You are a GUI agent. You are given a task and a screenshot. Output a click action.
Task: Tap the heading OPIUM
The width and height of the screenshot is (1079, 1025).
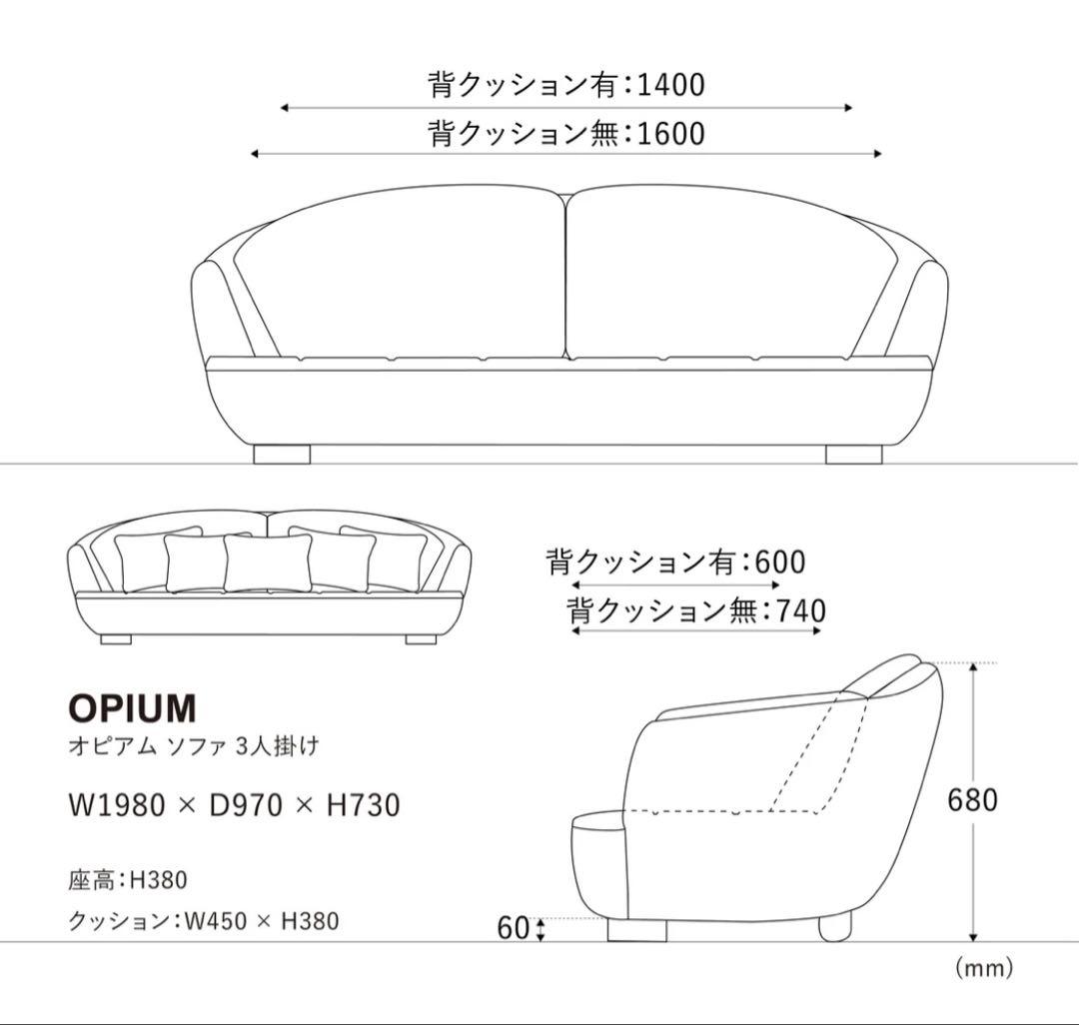point(132,708)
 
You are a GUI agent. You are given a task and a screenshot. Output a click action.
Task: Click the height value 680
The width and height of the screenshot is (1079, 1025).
point(973,800)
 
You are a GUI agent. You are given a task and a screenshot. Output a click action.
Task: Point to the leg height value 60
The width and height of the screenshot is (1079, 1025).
point(513,928)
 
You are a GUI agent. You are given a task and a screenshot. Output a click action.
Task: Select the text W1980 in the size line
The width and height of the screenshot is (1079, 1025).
point(116,804)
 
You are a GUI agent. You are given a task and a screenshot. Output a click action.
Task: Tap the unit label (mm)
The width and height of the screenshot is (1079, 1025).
point(983,967)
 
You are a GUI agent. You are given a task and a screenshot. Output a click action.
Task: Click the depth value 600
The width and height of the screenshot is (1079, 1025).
point(780,562)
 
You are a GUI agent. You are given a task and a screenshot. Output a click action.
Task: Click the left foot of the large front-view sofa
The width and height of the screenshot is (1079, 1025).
point(282,455)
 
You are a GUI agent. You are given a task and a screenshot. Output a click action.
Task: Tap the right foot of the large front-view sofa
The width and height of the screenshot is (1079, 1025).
point(853,455)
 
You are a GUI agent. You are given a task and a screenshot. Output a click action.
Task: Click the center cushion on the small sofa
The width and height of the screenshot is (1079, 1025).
point(254,562)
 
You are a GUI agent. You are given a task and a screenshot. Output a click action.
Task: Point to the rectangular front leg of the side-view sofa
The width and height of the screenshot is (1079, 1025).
point(636,930)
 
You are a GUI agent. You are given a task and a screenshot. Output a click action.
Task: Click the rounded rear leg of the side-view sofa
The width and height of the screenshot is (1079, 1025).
point(835,927)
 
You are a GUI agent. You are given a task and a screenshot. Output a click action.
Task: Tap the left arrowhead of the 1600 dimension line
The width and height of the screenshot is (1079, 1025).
point(255,154)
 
